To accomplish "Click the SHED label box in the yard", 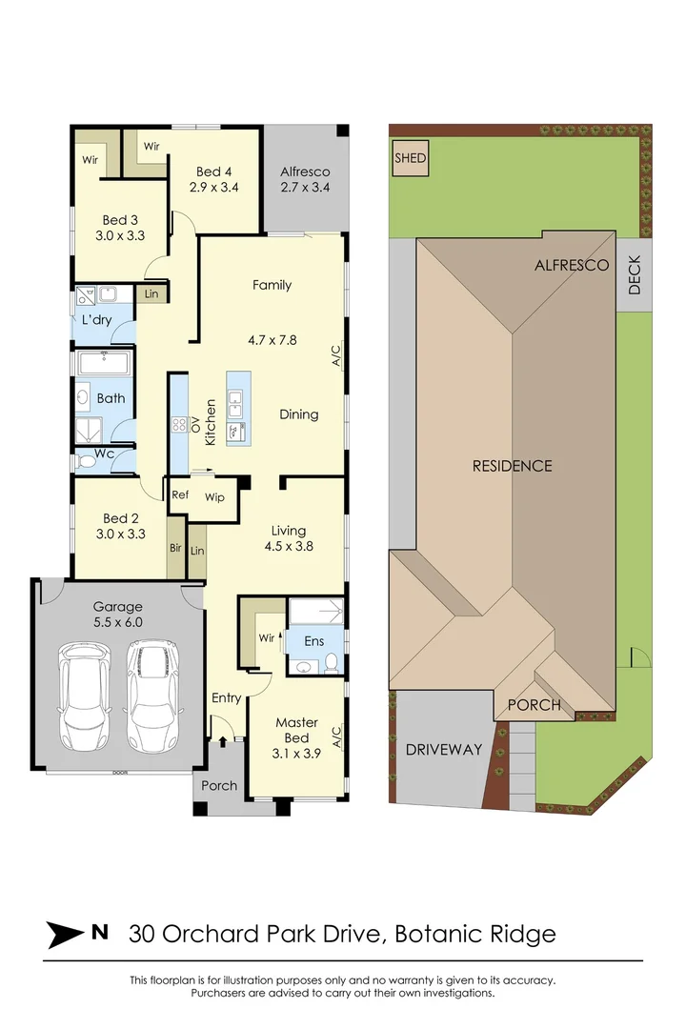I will click(x=412, y=158).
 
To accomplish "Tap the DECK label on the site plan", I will click(x=635, y=276).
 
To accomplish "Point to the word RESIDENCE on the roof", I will click(x=513, y=466).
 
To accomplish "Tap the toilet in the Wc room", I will click(x=87, y=461).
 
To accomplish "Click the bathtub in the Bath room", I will click(x=105, y=364).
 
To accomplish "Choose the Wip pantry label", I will click(x=214, y=496).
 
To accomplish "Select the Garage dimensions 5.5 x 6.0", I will click(x=117, y=622).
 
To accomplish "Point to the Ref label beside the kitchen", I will click(x=179, y=495).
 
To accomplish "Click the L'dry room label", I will click(x=97, y=320).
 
